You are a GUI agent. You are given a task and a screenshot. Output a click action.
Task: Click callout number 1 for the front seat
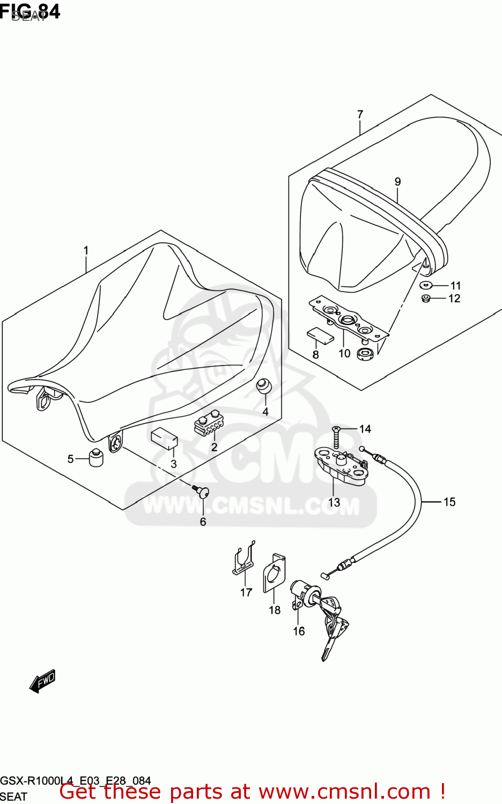86,250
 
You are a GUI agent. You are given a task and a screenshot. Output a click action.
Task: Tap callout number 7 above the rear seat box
360,114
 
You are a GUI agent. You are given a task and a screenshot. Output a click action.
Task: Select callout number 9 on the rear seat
397,182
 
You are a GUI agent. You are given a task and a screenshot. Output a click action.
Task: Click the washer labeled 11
426,285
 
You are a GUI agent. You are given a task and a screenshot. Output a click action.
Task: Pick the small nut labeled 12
426,298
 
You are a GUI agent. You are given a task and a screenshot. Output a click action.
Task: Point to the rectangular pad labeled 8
320,335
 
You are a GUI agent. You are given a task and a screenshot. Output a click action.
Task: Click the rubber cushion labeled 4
263,386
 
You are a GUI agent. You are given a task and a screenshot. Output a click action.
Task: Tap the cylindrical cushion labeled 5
95,457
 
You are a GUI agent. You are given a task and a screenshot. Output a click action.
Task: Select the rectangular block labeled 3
164,438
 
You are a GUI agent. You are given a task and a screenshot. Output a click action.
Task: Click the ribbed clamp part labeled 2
209,423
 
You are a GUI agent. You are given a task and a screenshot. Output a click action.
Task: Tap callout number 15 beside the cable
449,502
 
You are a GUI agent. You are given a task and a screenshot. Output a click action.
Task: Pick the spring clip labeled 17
244,560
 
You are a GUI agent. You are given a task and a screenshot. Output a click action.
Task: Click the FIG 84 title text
30,11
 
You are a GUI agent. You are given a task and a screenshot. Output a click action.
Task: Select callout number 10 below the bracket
344,353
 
